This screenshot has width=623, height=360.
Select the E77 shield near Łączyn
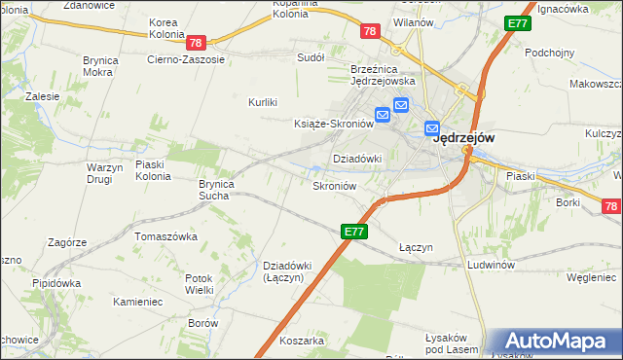point(354,232)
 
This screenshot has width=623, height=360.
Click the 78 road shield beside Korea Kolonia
point(197,43)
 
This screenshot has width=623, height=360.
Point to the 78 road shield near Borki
point(610,206)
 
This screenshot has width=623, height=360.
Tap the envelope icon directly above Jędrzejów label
point(432,127)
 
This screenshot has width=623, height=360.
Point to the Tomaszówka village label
point(166,236)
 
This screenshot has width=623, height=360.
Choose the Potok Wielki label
point(200,284)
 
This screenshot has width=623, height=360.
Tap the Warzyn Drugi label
point(105,173)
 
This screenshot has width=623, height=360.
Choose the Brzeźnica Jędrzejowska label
point(384,75)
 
